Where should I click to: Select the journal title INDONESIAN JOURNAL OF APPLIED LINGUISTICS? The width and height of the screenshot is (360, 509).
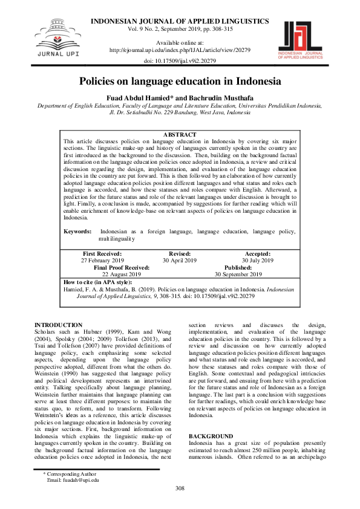[180, 21]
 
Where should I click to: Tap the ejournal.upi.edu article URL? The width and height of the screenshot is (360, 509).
[180, 50]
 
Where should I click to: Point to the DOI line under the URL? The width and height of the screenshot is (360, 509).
[180, 62]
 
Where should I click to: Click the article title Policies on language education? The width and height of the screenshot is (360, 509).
[180, 81]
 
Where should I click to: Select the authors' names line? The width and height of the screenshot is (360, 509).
[180, 97]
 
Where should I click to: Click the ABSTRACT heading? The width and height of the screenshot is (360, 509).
[180, 134]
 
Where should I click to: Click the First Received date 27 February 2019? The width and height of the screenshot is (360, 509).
[102, 261]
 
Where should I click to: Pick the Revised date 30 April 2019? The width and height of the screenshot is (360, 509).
[180, 261]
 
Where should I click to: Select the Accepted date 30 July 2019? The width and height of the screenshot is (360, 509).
[258, 261]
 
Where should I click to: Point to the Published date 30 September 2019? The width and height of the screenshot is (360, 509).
[238, 274]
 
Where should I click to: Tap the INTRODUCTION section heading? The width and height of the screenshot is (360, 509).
[59, 325]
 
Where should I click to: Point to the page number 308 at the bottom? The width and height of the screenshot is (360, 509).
[180, 488]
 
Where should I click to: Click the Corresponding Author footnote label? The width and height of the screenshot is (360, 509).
[70, 475]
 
